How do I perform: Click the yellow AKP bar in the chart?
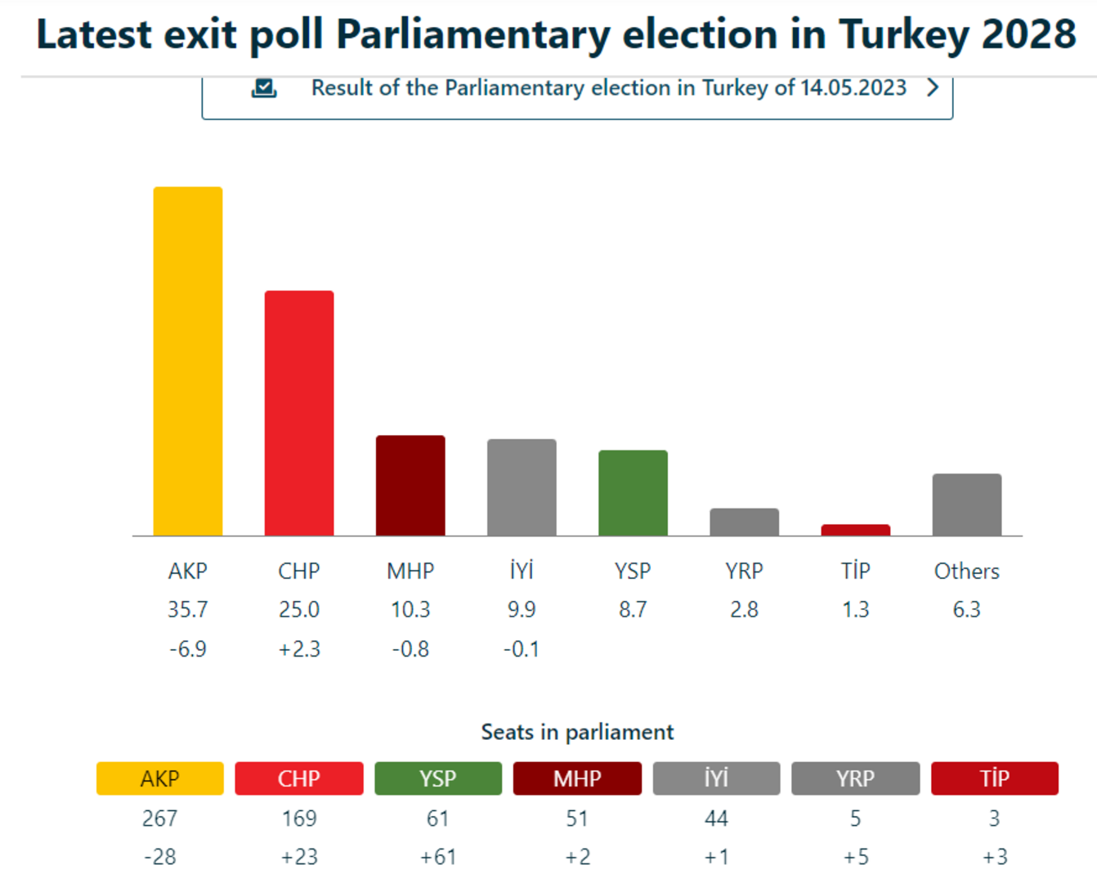tap(188, 361)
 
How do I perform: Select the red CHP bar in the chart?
tap(299, 413)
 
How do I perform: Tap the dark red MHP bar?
tap(410, 486)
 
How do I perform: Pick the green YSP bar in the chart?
tap(633, 493)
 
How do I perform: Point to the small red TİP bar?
tap(855, 530)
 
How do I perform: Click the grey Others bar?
tap(966, 504)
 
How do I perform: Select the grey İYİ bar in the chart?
tap(522, 487)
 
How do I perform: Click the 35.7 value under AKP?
tap(188, 610)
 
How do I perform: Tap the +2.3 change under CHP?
tap(299, 649)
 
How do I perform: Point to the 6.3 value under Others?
tap(966, 610)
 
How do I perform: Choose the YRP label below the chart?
tap(744, 571)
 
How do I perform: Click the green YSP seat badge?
tap(438, 778)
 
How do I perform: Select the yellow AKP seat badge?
tap(160, 778)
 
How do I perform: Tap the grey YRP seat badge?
tap(855, 778)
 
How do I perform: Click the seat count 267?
tap(160, 818)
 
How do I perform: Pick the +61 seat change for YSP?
tap(438, 857)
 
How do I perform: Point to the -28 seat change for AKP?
tap(160, 857)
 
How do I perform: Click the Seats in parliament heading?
tap(577, 732)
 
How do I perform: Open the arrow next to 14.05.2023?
tap(933, 87)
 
